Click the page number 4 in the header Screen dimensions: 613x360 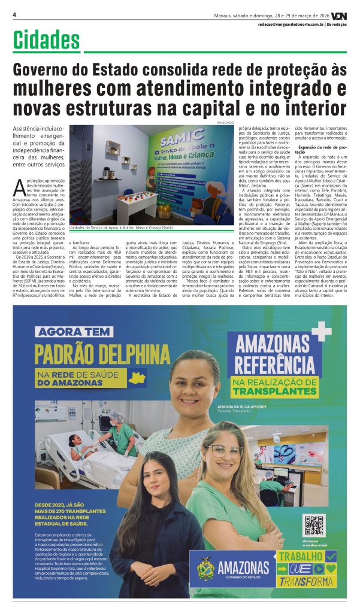click(x=14, y=14)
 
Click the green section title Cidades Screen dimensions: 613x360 click(x=47, y=41)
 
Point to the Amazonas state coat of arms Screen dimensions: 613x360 click(x=205, y=568)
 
